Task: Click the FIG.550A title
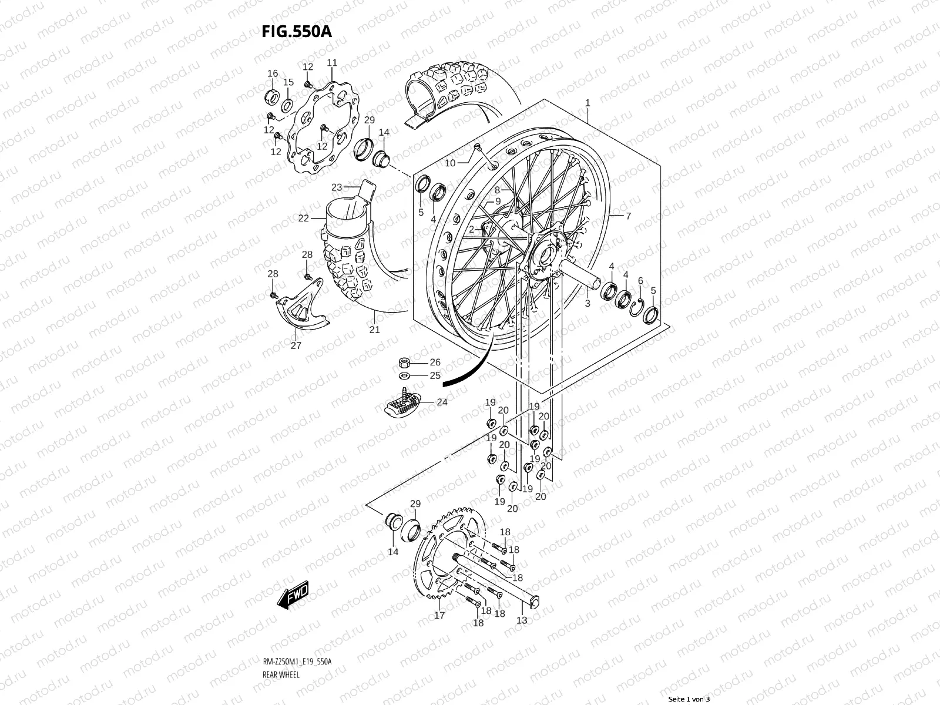pyautogui.click(x=297, y=31)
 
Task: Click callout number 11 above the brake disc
pyautogui.click(x=332, y=63)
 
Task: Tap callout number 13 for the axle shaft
pyautogui.click(x=522, y=620)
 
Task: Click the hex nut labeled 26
pyautogui.click(x=404, y=362)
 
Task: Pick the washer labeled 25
pyautogui.click(x=404, y=375)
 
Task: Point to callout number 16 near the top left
pyautogui.click(x=273, y=73)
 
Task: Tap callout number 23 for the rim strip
pyautogui.click(x=337, y=187)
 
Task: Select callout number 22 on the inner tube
pyautogui.click(x=303, y=219)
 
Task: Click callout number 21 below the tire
pyautogui.click(x=374, y=330)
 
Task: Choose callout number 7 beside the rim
pyautogui.click(x=628, y=216)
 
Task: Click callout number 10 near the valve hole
pyautogui.click(x=450, y=163)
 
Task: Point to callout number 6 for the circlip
pyautogui.click(x=640, y=281)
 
